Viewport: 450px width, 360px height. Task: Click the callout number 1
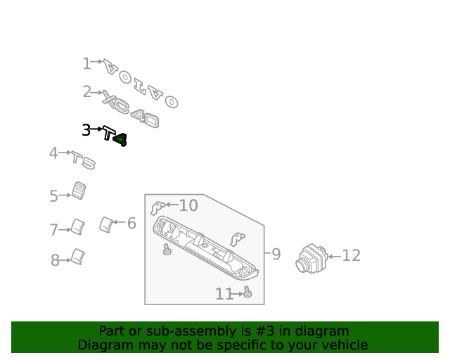86,63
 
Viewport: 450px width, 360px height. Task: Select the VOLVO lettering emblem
141,84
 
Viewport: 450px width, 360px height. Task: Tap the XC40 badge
131,109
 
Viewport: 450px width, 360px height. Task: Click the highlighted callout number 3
86,130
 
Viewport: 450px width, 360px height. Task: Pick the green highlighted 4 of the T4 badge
120,140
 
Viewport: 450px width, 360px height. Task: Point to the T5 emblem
83,160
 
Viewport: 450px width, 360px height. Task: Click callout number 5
53,196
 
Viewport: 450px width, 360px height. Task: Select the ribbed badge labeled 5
79,191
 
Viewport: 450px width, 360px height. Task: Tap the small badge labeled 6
106,224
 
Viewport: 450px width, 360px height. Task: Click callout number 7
53,230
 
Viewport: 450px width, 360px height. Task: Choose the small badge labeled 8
78,257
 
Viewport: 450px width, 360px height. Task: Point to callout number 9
276,254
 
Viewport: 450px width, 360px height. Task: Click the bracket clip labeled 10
157,207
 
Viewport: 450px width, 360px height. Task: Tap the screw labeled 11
247,292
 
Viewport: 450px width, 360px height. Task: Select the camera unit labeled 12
311,258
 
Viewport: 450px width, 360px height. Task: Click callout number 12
352,255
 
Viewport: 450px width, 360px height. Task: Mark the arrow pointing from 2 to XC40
97,92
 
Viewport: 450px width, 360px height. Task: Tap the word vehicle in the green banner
348,345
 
